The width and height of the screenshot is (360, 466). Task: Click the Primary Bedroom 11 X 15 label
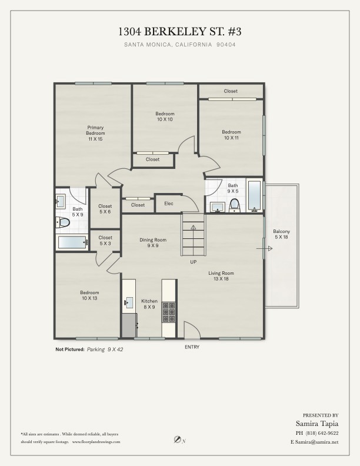click(95, 133)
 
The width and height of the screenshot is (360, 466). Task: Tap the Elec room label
click(169, 204)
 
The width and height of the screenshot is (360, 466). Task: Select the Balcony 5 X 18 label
click(281, 234)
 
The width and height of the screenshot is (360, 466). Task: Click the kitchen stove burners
click(169, 312)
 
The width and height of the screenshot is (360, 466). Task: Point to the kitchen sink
click(128, 302)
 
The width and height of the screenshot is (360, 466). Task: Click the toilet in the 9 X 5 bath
click(235, 205)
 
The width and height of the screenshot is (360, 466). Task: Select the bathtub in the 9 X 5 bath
click(255, 195)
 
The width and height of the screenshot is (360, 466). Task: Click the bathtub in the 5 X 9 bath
click(72, 242)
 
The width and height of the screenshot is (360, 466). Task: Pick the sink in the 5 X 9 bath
click(61, 201)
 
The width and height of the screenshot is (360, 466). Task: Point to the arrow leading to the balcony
click(264, 248)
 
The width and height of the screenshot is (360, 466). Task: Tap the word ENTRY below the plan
click(192, 347)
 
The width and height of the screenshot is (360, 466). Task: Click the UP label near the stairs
click(194, 262)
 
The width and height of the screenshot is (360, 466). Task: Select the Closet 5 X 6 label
click(105, 209)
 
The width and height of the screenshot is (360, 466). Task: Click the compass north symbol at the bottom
click(178, 440)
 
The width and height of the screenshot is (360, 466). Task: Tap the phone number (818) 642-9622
click(322, 433)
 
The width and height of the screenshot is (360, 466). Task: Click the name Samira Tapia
click(317, 424)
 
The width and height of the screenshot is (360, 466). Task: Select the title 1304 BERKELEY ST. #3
click(180, 32)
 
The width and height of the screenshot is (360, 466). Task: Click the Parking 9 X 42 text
click(105, 349)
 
